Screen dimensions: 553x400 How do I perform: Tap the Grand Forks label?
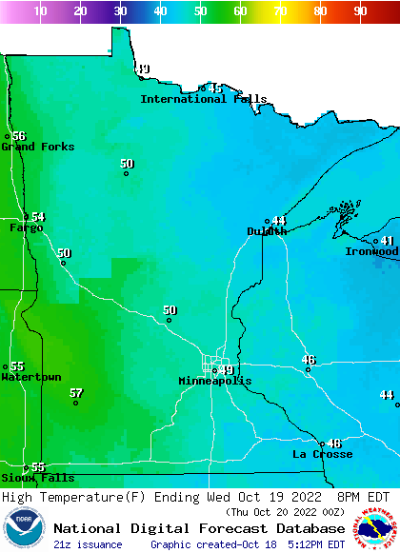click(x=38, y=147)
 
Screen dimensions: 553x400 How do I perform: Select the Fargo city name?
click(x=27, y=227)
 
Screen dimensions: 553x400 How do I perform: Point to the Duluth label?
click(x=267, y=231)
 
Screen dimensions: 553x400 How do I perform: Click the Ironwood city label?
click(x=371, y=251)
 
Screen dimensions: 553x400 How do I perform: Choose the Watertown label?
click(x=31, y=377)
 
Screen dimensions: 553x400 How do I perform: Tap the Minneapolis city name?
click(x=215, y=381)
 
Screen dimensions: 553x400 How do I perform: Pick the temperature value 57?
click(x=76, y=393)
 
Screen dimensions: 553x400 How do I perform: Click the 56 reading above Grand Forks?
click(x=19, y=136)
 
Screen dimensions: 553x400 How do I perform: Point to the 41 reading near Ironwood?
click(x=388, y=241)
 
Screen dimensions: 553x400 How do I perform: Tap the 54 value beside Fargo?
click(x=38, y=217)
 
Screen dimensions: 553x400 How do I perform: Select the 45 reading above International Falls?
click(x=215, y=89)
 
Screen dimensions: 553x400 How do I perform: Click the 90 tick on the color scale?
click(x=360, y=11)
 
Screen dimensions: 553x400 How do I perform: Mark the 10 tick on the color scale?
click(x=40, y=11)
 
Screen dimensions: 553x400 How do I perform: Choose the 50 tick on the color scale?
click(x=200, y=11)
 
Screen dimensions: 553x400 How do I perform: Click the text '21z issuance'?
click(x=88, y=544)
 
